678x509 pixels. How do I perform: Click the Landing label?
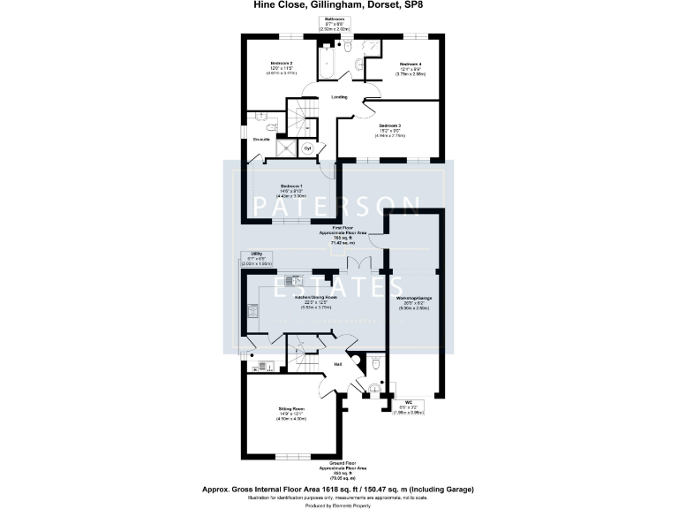[x=339, y=97]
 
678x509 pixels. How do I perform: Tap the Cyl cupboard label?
[x=308, y=148]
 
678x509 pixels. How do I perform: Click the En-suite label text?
[x=261, y=140]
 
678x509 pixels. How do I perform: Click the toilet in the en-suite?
[x=272, y=127]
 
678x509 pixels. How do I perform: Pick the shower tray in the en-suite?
[x=286, y=148]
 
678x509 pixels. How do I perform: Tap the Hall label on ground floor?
[x=337, y=364]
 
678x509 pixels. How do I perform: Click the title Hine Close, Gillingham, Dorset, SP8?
[x=339, y=5]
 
